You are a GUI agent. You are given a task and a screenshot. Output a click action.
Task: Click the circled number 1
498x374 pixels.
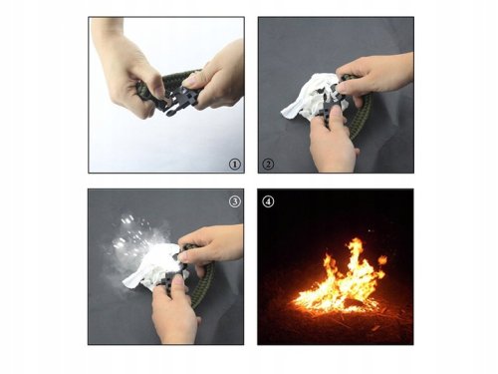[233, 165]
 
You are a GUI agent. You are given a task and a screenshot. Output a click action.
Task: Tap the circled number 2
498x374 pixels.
[268, 165]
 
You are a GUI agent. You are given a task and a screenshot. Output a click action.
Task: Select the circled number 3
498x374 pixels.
[234, 200]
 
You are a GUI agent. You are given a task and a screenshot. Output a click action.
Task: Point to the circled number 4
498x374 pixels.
[268, 200]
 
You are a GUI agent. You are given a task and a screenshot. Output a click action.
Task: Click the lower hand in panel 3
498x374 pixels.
[174, 309]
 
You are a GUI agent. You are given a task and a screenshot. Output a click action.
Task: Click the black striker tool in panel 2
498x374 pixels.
[333, 104]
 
